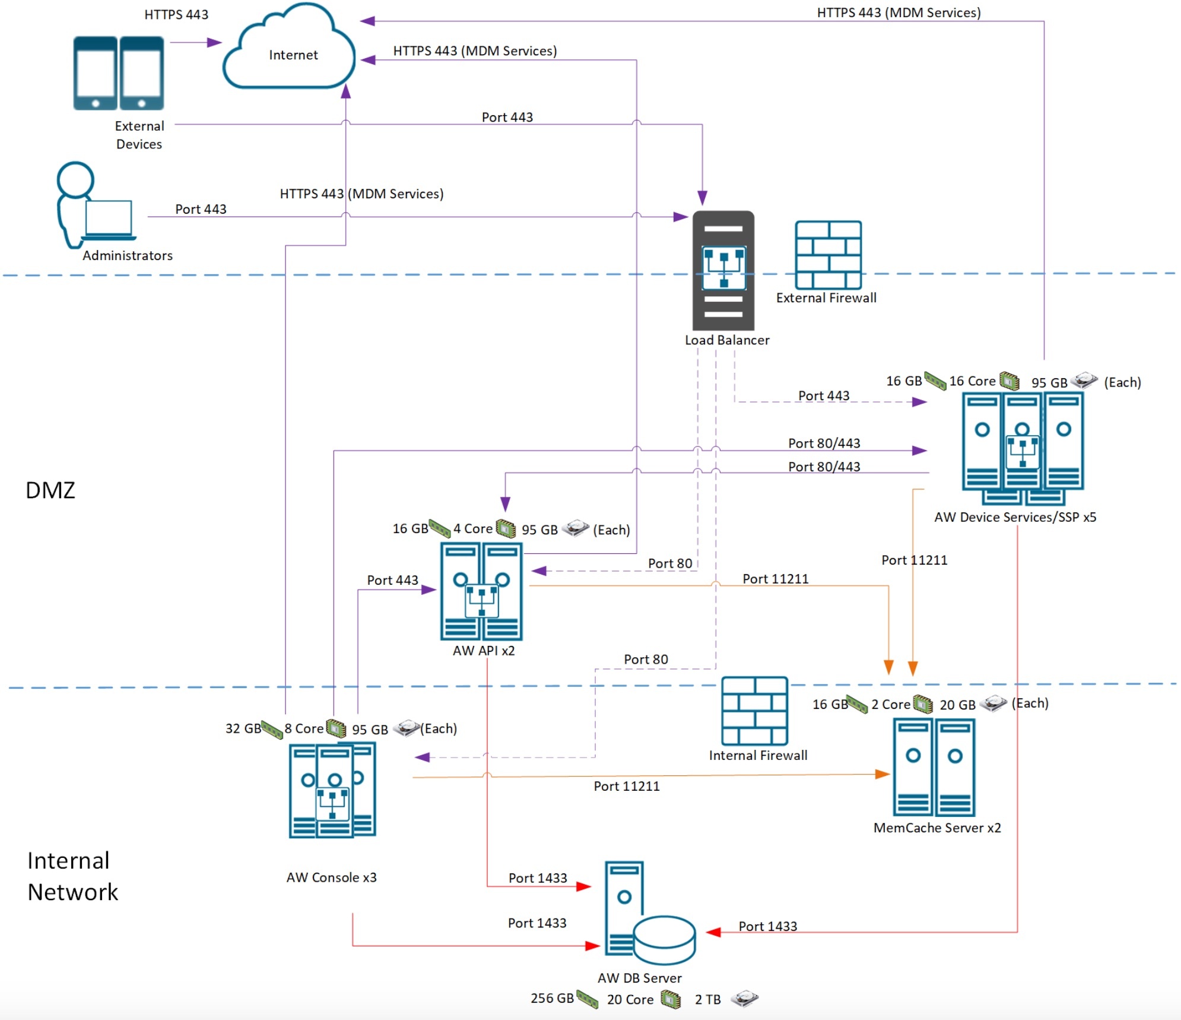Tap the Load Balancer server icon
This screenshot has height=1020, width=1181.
(723, 270)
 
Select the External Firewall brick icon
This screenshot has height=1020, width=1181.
(828, 255)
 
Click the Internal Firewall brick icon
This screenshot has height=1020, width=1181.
(754, 711)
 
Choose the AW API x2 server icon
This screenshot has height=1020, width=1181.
(481, 591)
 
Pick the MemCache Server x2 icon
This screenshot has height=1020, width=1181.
(934, 767)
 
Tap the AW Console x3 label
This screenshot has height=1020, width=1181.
(331, 878)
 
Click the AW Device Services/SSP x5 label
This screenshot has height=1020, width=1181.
(1015, 517)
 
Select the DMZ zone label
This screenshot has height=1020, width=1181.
(50, 490)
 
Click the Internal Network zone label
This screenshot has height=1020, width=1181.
(72, 876)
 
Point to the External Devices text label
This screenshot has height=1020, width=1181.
(139, 135)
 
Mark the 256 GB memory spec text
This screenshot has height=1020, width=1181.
(552, 999)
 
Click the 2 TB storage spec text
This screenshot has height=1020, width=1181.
(707, 1000)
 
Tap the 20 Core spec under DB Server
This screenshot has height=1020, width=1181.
(630, 1000)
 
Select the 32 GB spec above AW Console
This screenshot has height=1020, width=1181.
(243, 728)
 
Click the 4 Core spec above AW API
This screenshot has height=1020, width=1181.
(472, 528)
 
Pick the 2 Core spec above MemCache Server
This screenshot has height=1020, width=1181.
(890, 704)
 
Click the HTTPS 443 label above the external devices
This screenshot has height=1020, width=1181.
(176, 14)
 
